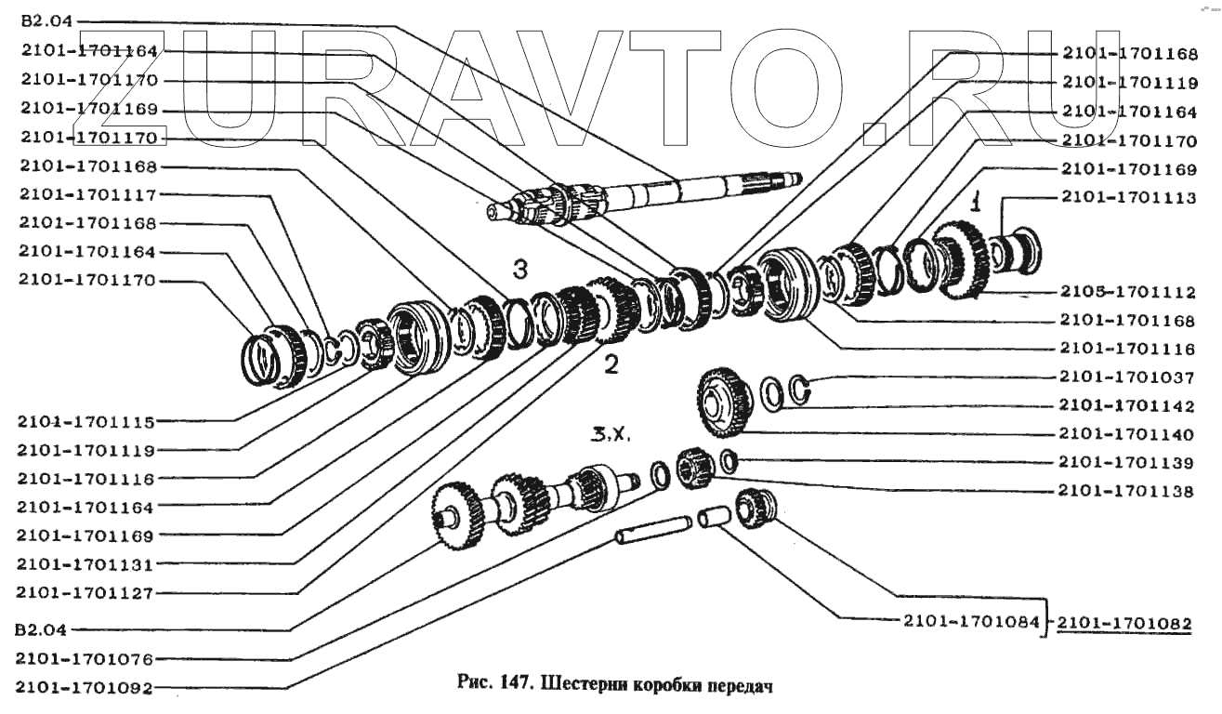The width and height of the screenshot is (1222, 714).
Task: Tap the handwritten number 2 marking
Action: coord(611,364)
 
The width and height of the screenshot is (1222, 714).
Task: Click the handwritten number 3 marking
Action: coord(521,271)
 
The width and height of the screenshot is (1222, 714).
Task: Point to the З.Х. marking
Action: coord(608,434)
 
